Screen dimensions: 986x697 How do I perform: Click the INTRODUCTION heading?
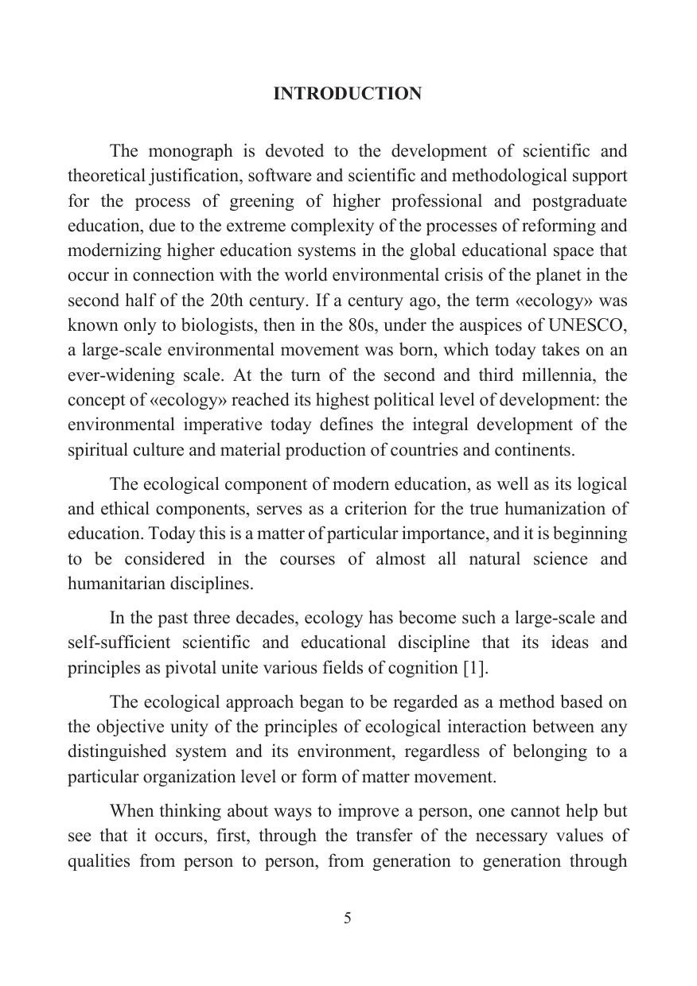pos(348,94)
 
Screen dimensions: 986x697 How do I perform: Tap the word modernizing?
pos(115,250)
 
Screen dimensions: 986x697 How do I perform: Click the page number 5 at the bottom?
pos(348,918)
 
